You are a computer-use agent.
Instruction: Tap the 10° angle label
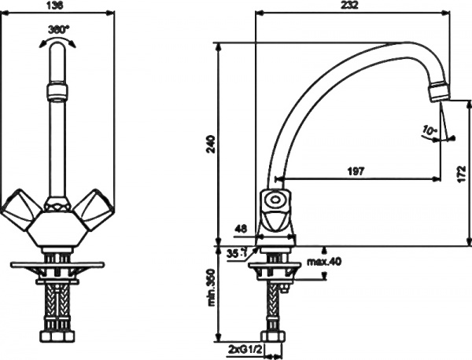(428, 129)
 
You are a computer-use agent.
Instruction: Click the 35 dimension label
(233, 253)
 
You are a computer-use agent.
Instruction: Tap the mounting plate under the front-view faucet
(58, 264)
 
